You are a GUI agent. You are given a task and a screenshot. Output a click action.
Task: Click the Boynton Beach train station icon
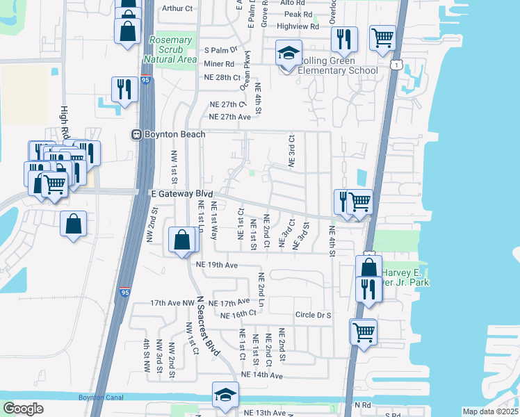(138, 134)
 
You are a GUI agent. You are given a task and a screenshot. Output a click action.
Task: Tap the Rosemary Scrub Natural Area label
(170, 49)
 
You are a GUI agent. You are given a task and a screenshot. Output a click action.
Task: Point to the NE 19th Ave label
(217, 265)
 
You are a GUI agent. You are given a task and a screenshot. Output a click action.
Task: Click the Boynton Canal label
(95, 397)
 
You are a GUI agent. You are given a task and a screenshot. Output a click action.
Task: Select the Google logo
(23, 408)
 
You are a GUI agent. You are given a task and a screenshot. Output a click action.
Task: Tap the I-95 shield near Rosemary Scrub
(144, 81)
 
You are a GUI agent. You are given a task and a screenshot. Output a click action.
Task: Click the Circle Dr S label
(314, 315)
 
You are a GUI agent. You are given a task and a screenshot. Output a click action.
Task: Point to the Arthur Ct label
(177, 8)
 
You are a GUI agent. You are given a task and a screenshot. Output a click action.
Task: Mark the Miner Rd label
(219, 63)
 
